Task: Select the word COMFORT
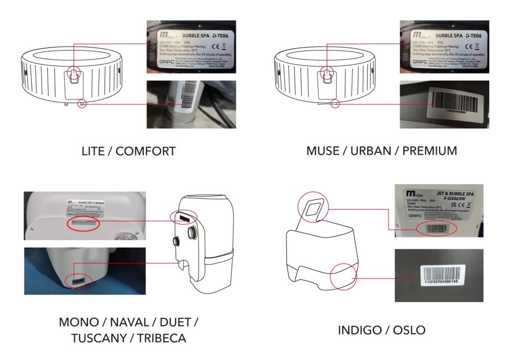tap(146, 151)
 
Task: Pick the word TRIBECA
tap(162, 339)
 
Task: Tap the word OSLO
tap(409, 330)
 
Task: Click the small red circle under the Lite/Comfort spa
tap(83, 104)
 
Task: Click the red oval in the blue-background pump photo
tap(80, 282)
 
